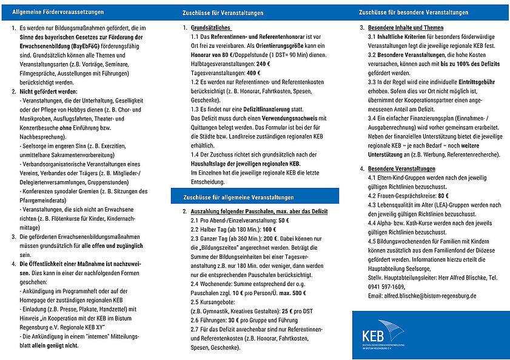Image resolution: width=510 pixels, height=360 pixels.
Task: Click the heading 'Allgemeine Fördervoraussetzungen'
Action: (x=58, y=12)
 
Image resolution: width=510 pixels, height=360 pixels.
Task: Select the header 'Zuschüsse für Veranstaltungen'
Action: (x=223, y=13)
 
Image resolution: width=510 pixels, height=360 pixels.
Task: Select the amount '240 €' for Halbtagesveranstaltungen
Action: (x=263, y=64)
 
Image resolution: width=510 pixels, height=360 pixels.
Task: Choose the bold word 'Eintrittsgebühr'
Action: (x=476, y=81)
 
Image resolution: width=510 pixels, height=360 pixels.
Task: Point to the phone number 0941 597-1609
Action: (x=388, y=287)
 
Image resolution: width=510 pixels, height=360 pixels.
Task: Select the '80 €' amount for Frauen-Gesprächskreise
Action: (x=443, y=196)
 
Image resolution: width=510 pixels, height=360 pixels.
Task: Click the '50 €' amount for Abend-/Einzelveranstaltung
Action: (x=283, y=221)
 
